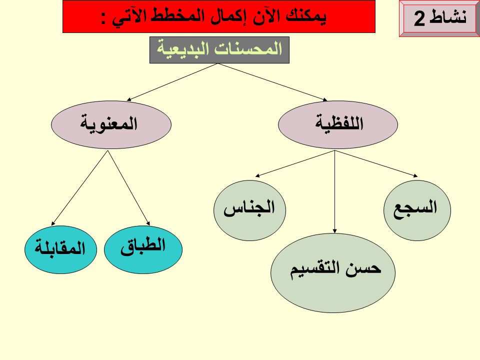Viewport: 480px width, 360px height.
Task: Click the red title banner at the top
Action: (x=218, y=16)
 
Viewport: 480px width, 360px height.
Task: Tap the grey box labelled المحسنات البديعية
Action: (x=219, y=50)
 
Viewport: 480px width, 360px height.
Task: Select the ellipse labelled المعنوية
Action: (x=111, y=125)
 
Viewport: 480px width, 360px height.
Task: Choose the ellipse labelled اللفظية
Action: (x=338, y=125)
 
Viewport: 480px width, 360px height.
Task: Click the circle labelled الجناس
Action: (x=249, y=210)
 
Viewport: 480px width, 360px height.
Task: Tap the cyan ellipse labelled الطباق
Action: (x=143, y=248)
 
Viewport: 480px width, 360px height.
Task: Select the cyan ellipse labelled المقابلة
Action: (x=59, y=248)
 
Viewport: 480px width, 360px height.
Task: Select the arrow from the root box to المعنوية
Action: (x=172, y=81)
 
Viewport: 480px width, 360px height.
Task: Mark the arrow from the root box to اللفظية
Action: (x=272, y=81)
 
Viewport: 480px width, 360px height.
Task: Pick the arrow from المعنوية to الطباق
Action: (x=129, y=187)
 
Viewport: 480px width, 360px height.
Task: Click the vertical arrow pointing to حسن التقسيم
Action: (x=334, y=192)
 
